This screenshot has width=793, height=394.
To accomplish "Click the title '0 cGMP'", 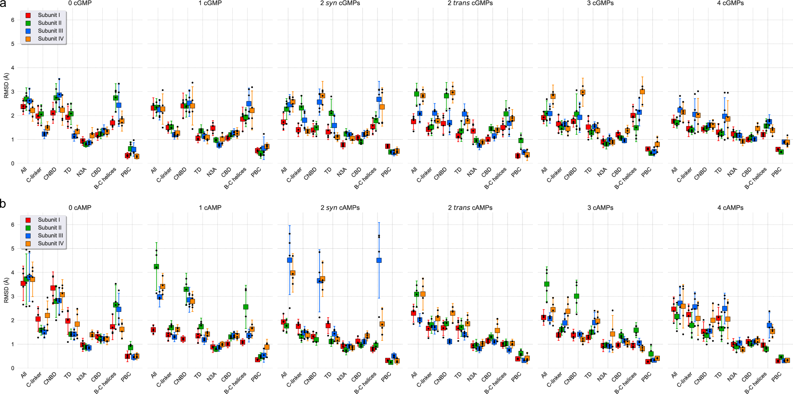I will (x=80, y=3).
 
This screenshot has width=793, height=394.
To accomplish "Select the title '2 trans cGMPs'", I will (x=470, y=3).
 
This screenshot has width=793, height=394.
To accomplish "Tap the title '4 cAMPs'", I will (x=730, y=208).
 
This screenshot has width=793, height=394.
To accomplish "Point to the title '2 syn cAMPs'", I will (x=340, y=208).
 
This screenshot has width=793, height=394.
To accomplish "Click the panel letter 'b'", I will (x=3, y=204).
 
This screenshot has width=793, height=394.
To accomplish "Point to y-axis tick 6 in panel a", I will (x=13, y=20).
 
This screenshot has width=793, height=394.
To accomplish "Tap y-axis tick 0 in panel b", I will (x=13, y=368).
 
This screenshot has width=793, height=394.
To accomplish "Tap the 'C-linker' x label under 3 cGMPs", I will (x=555, y=175).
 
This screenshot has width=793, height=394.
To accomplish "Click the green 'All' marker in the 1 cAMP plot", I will (x=156, y=266).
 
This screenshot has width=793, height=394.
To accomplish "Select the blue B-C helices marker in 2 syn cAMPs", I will (x=379, y=260).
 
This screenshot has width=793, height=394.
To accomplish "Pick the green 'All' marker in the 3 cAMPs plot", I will (x=547, y=284).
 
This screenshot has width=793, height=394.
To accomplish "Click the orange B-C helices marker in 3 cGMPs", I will (x=642, y=92).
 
